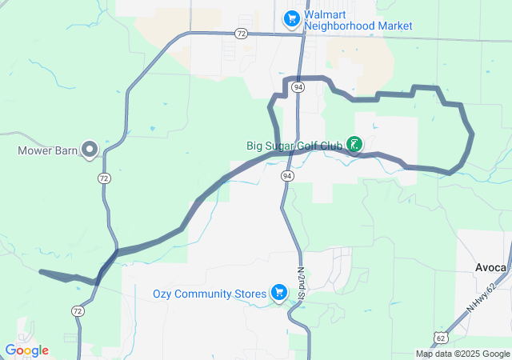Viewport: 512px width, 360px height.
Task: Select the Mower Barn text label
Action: click(x=48, y=150)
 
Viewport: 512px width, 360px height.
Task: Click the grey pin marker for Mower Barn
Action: click(x=90, y=149)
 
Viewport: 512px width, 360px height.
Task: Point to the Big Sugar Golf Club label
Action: click(x=294, y=146)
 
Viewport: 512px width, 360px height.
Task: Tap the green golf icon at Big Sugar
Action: click(x=354, y=145)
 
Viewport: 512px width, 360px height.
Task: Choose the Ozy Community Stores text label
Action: click(x=210, y=294)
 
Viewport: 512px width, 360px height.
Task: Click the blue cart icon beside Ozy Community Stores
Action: click(x=279, y=293)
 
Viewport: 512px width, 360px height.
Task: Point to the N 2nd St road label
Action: click(x=302, y=283)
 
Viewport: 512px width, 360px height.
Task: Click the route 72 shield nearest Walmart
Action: click(x=241, y=34)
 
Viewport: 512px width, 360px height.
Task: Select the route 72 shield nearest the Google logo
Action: click(x=78, y=310)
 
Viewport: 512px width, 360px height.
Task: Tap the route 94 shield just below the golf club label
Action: click(x=286, y=175)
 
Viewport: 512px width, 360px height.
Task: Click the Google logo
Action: click(x=27, y=350)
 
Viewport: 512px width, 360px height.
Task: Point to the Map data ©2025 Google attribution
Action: click(x=462, y=354)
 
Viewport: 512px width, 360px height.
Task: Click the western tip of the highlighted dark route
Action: click(x=41, y=271)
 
